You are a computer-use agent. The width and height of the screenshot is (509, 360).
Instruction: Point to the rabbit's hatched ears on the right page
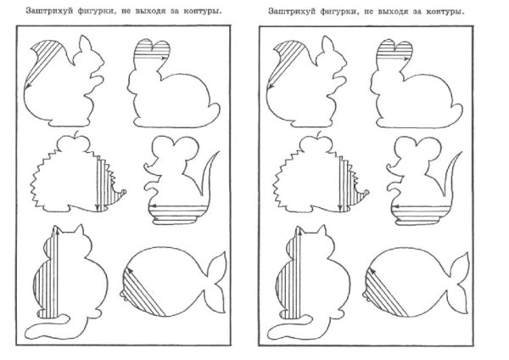(394, 49)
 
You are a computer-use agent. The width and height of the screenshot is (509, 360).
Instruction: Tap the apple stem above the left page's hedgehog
(77, 134)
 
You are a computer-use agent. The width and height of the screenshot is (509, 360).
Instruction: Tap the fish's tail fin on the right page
(460, 283)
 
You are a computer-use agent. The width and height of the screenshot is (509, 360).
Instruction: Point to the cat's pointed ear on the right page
(322, 231)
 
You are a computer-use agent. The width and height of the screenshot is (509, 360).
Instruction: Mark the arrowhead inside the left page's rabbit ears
(164, 58)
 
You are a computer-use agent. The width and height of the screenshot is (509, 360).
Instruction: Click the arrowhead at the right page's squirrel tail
(270, 87)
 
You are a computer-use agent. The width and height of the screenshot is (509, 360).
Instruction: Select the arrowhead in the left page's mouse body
(152, 206)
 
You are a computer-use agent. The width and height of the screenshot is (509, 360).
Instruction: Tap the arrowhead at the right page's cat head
(299, 231)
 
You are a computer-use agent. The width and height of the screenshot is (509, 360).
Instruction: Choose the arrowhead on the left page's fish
(128, 269)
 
